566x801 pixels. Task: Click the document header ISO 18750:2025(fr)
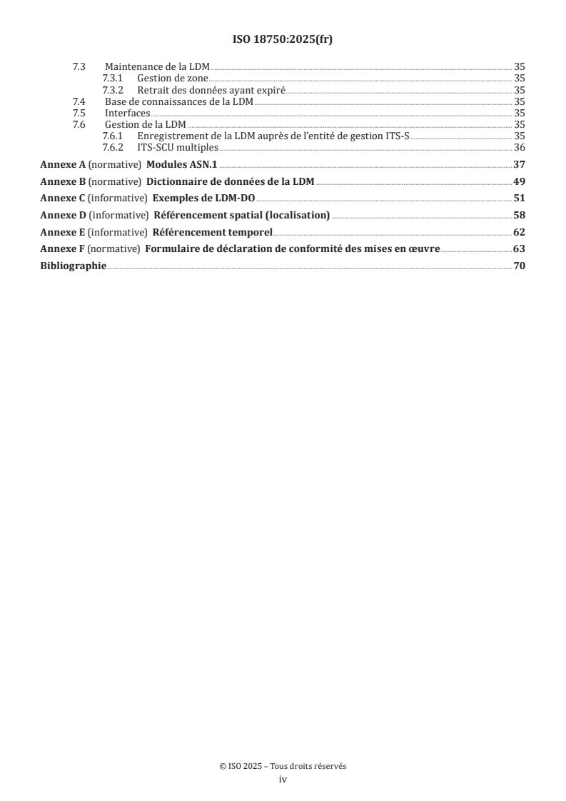pyautogui.click(x=283, y=40)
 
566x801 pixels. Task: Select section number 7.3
pyautogui.click(x=79, y=66)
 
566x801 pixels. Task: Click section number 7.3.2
pyautogui.click(x=114, y=90)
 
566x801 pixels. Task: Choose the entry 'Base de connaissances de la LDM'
pyautogui.click(x=179, y=101)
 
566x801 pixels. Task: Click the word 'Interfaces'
pyautogui.click(x=127, y=113)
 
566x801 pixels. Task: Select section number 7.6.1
pyautogui.click(x=114, y=136)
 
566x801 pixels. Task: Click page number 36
pyautogui.click(x=520, y=148)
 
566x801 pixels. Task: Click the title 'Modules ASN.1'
pyautogui.click(x=181, y=164)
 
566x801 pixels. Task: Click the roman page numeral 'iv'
pyautogui.click(x=283, y=780)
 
